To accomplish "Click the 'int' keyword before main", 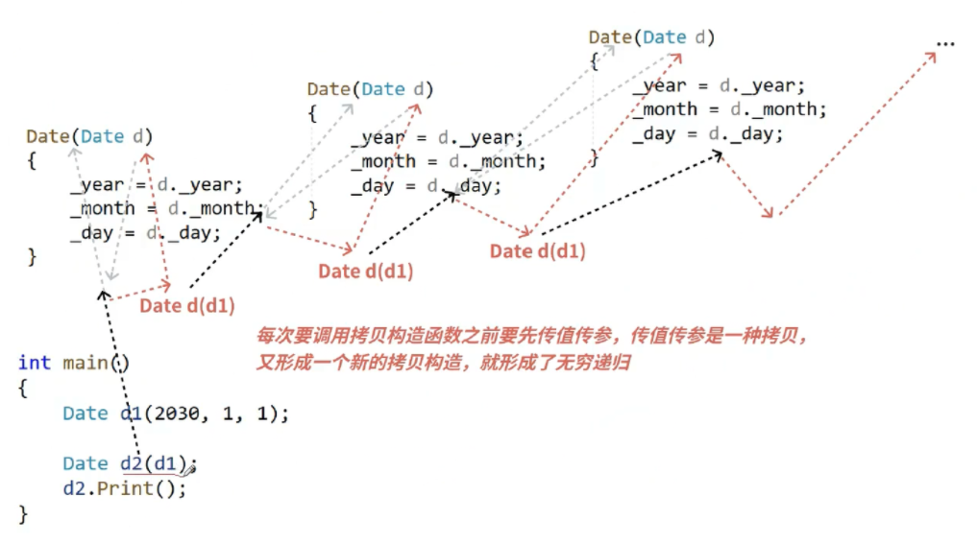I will [x=34, y=363].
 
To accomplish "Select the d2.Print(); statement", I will [x=124, y=488].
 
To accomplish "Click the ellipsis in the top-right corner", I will [x=945, y=42].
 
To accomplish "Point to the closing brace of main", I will [x=24, y=513].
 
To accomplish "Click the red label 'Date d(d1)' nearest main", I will [x=187, y=305].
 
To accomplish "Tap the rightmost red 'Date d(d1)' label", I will [x=537, y=251].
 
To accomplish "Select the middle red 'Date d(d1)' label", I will [x=366, y=271].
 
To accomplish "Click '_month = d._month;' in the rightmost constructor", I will [x=729, y=109].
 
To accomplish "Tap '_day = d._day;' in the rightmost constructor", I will [x=708, y=134].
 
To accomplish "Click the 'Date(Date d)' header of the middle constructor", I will [x=371, y=89].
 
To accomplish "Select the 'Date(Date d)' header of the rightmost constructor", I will [x=652, y=37].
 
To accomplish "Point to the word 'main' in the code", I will [x=84, y=363].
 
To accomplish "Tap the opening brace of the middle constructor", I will [x=312, y=113].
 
